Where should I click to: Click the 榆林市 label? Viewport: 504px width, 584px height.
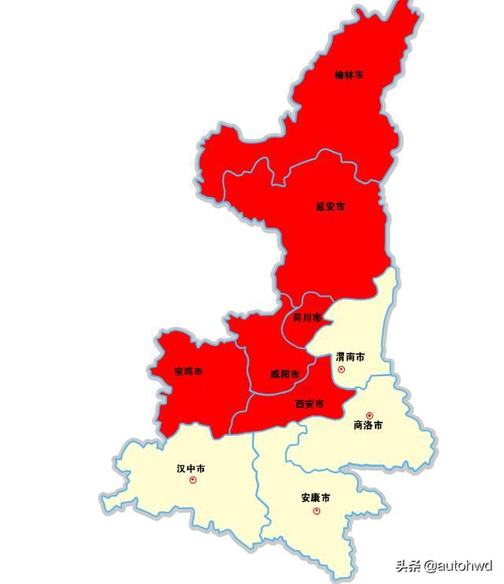click(x=349, y=76)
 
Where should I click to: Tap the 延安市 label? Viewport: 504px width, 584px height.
click(x=330, y=207)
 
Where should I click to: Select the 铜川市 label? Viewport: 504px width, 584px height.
click(x=306, y=318)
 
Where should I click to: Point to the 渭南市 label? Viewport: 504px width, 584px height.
click(x=350, y=357)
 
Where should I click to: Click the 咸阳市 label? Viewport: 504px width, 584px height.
click(x=284, y=374)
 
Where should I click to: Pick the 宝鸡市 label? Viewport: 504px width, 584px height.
click(x=188, y=371)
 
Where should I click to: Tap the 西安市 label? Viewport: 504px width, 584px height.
click(x=309, y=404)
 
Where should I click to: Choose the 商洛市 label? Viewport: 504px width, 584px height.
click(x=368, y=425)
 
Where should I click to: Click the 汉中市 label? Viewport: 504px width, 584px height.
click(x=191, y=468)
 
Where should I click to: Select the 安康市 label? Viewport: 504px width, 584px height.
click(x=316, y=498)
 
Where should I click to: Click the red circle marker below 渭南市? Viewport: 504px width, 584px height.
click(x=341, y=368)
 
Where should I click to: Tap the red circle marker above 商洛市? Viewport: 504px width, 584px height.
click(x=369, y=415)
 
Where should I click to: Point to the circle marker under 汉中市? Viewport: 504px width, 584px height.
click(x=193, y=479)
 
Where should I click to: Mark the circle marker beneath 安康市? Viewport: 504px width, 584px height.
click(x=317, y=511)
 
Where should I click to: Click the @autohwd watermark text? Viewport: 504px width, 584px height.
click(x=458, y=566)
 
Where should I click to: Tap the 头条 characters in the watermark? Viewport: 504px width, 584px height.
click(x=408, y=566)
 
